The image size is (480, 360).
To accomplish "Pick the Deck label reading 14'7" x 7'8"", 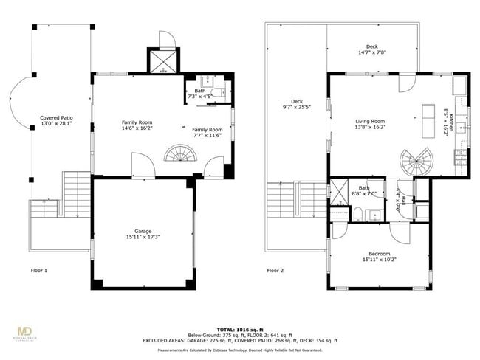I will click(371, 49).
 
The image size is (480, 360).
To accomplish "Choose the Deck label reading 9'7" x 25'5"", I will click(297, 105).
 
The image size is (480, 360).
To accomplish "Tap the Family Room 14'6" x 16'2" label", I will click(137, 126).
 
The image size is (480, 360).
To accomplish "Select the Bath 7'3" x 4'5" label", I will click(200, 94).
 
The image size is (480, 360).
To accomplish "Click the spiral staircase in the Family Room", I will click(179, 153).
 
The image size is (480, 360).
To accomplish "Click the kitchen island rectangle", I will click(427, 122).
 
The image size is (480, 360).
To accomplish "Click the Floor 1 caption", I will click(38, 271).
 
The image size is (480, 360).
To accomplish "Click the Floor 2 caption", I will click(275, 271).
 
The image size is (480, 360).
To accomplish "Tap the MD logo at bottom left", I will click(26, 332).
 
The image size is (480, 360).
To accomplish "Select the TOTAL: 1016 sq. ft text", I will click(240, 329).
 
